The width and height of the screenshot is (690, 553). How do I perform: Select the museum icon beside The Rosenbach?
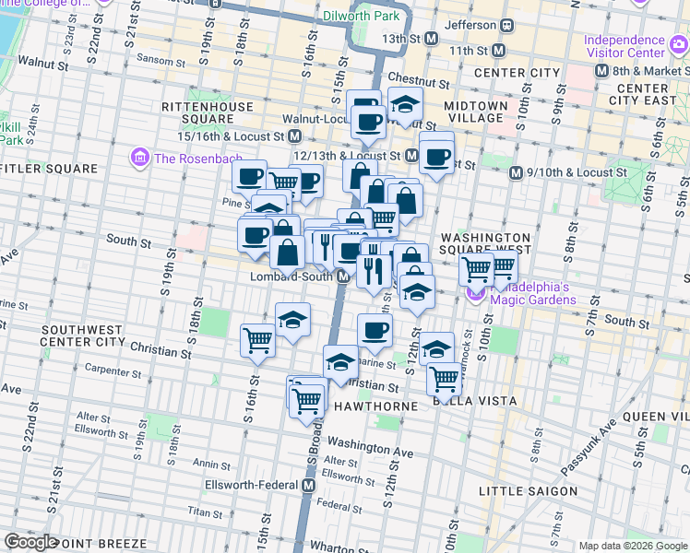pos(139,158)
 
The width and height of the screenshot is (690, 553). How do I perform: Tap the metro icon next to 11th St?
pos(499,50)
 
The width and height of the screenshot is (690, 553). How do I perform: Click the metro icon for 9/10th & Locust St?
pos(517,172)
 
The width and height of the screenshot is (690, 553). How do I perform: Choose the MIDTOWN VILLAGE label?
pos(476,112)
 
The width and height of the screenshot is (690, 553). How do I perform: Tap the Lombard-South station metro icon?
pos(342,276)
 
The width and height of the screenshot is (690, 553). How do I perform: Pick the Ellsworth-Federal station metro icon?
pos(310,485)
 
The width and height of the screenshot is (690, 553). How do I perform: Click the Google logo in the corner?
pos(31,542)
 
